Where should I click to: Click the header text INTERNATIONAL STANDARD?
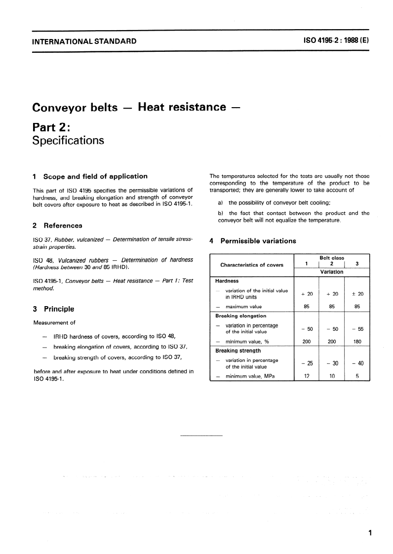[x=84, y=41]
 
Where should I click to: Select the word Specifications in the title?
[x=68, y=140]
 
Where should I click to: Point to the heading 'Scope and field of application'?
[x=95, y=176]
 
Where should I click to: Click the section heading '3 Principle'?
[x=53, y=309]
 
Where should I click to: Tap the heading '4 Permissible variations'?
[x=253, y=241]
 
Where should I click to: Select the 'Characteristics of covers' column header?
[x=252, y=265]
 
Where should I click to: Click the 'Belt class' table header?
[x=332, y=258]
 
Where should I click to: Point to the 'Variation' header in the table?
[x=332, y=272]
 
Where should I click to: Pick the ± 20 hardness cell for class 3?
[x=357, y=294]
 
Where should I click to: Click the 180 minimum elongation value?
[x=357, y=341]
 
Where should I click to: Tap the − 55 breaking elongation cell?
[x=357, y=329]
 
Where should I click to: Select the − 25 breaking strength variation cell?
[x=307, y=363]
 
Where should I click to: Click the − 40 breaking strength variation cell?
[x=357, y=363]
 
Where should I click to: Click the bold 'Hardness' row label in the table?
[x=227, y=281]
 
